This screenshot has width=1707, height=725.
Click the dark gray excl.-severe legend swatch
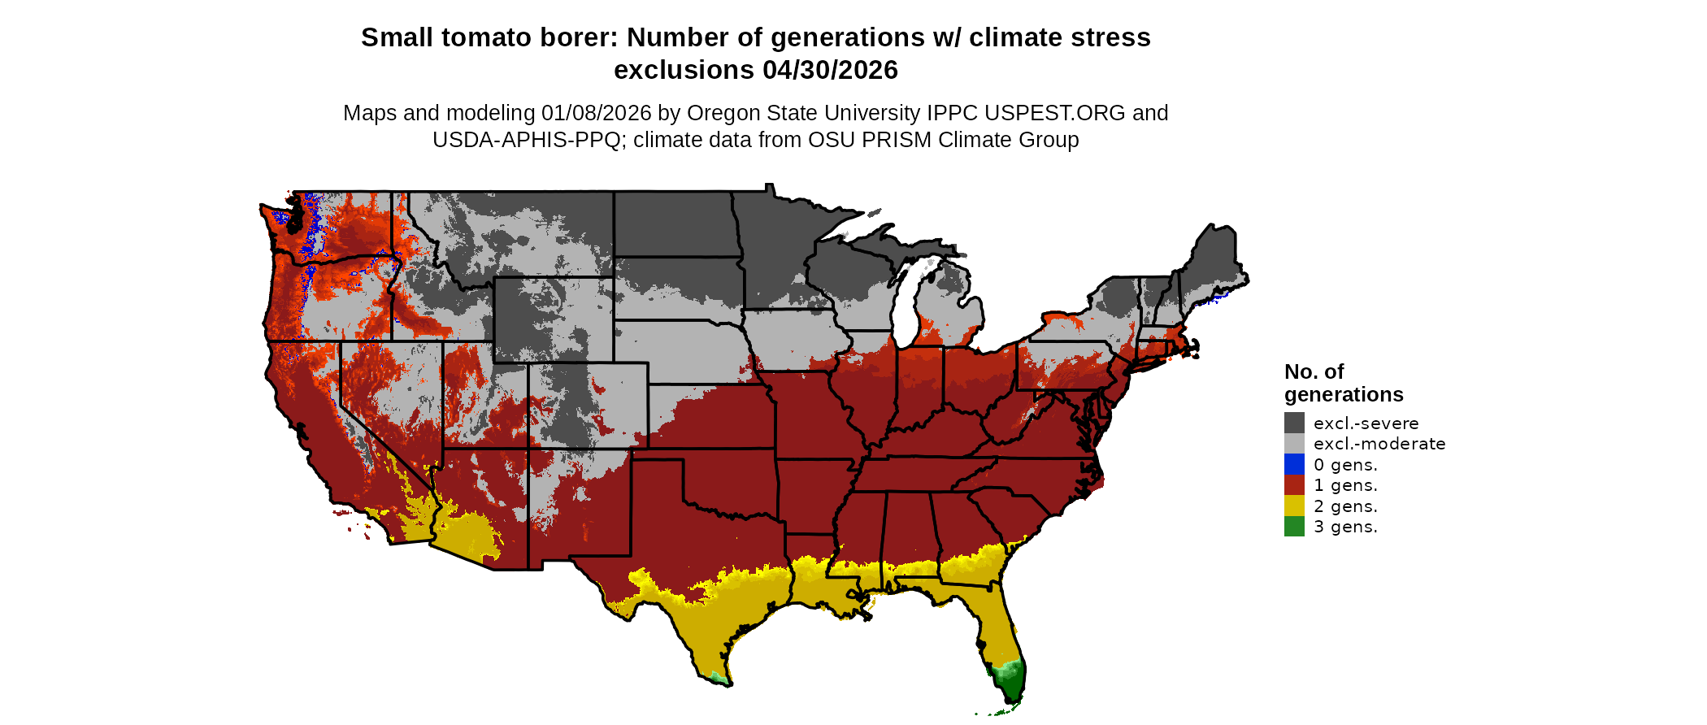tap(1294, 423)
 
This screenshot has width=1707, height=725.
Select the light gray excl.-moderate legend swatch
tap(1294, 444)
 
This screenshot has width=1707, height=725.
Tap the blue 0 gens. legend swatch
tap(1294, 464)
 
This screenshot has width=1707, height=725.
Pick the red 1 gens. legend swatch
tap(1294, 485)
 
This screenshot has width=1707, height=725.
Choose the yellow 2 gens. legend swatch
tap(1294, 506)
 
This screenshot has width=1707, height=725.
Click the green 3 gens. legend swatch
tap(1294, 527)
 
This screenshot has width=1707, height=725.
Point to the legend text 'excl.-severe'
tap(1366, 423)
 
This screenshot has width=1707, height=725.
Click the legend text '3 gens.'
tap(1345, 527)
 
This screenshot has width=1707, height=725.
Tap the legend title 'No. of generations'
tap(1343, 383)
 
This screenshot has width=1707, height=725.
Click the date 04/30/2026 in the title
tap(830, 70)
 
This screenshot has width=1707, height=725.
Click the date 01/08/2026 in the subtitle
tap(597, 113)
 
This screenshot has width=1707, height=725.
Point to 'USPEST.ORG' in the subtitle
tap(1054, 113)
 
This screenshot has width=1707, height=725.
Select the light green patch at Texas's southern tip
tap(715, 677)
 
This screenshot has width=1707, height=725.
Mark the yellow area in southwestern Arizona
tap(463, 532)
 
